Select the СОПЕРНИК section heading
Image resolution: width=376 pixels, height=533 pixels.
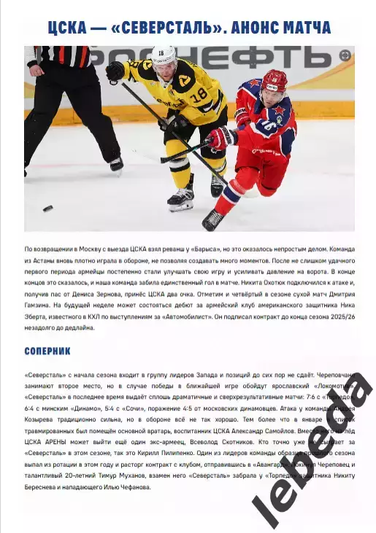pyautogui.click(x=47, y=351)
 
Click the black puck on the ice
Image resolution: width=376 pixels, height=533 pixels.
pyautogui.click(x=47, y=209)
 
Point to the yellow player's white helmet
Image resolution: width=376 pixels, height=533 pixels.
pyautogui.click(x=164, y=55)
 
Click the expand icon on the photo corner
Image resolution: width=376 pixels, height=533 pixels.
pyautogui.click(x=345, y=55)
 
